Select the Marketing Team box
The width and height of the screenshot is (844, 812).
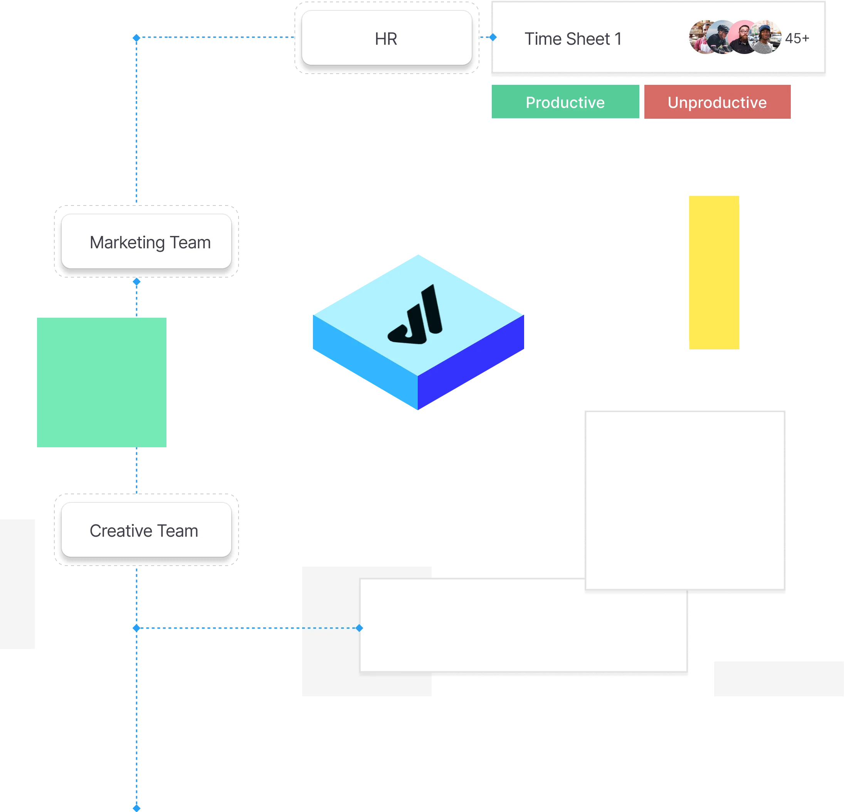point(146,242)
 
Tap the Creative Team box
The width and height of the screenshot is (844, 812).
point(146,530)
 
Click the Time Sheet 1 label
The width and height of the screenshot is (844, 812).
point(573,39)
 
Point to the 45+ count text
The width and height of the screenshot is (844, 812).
point(797,38)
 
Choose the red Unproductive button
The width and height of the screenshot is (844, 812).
point(718,102)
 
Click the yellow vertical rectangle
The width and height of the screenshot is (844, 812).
point(713,273)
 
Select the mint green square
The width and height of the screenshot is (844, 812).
point(102,383)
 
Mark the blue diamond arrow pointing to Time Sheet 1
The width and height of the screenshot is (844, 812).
point(493,37)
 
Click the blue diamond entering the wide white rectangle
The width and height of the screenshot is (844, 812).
point(360,628)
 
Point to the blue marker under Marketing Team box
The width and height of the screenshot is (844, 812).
point(137,282)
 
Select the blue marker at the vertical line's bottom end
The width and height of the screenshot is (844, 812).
point(137,808)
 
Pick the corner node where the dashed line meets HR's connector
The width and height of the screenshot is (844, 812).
point(136,38)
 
